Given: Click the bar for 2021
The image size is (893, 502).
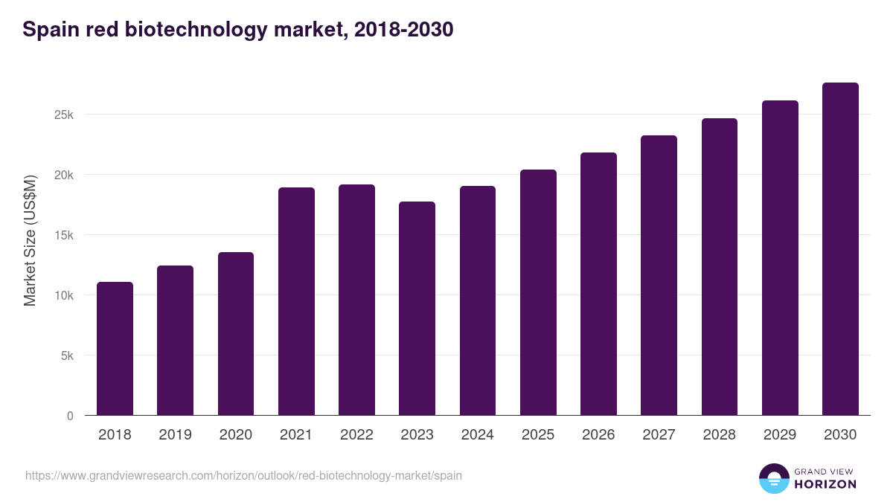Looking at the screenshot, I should coord(296,301).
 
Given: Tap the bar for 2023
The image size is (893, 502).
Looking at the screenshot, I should coord(417,308).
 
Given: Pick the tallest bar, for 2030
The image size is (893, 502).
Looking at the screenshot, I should coord(840,249).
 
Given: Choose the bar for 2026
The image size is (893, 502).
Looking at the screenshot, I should coord(598,283).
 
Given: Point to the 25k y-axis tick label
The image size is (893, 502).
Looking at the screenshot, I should coord(63,115).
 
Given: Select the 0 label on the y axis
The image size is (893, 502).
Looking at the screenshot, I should coord(70,416).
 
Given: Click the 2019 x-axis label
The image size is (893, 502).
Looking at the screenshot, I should coord(175,435).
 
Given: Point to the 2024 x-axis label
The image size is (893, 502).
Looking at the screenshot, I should coord(477,435).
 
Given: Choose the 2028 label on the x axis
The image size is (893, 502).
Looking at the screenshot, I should coord(719,435).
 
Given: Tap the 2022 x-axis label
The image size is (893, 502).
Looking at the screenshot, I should coord(356,435).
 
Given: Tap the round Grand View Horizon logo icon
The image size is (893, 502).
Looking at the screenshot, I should coord(773,478).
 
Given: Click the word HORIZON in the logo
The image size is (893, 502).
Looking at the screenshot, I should coord(825,484).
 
